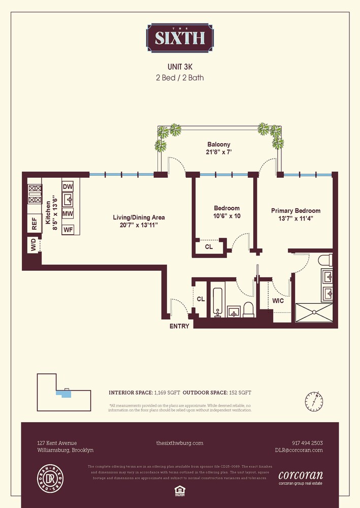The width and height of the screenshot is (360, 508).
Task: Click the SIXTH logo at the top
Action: [180, 38]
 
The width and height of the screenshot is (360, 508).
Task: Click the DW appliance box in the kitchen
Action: [68, 187]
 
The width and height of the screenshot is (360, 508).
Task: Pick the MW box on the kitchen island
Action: [68, 214]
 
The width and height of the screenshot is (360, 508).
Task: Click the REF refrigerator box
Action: [35, 224]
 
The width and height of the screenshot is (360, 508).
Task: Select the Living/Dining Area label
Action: [139, 221]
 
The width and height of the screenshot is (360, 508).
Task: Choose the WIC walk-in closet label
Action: [278, 301]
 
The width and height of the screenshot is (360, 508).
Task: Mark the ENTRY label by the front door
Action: [179, 326]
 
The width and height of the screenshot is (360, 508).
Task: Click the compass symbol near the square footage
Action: [315, 401]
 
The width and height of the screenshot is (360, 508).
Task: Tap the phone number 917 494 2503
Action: [307, 443]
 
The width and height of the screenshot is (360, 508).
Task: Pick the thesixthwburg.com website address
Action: [180, 443]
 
